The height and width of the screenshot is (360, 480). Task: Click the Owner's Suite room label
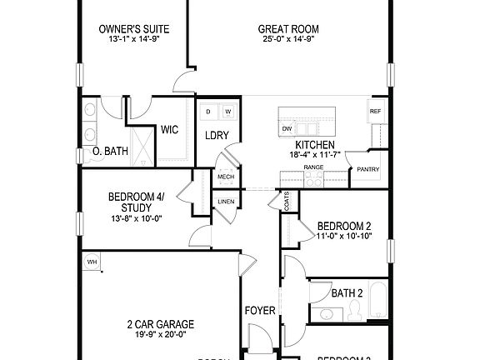coord(127,28)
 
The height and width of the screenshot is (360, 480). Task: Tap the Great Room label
coord(289,28)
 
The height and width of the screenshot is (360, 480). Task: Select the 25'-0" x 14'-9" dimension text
coord(289,39)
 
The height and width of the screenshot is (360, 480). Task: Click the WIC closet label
coord(170,129)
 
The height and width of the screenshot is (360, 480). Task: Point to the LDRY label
coord(217,135)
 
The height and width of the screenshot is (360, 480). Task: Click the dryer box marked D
coord(208,110)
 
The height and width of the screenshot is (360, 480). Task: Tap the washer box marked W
coord(227,110)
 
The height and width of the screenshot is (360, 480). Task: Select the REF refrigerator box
coord(376,111)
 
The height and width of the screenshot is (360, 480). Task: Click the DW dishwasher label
coord(287,128)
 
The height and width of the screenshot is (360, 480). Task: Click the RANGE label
coord(313,167)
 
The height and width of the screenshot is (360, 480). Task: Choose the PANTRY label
coord(367,169)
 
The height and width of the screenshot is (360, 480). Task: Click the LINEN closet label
coord(226,202)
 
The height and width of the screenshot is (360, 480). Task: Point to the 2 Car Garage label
coord(160,325)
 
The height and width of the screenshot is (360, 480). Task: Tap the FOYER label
coord(260,311)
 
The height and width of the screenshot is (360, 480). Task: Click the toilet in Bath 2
coord(353,310)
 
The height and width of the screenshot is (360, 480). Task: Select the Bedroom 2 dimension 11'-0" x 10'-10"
coord(343,237)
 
